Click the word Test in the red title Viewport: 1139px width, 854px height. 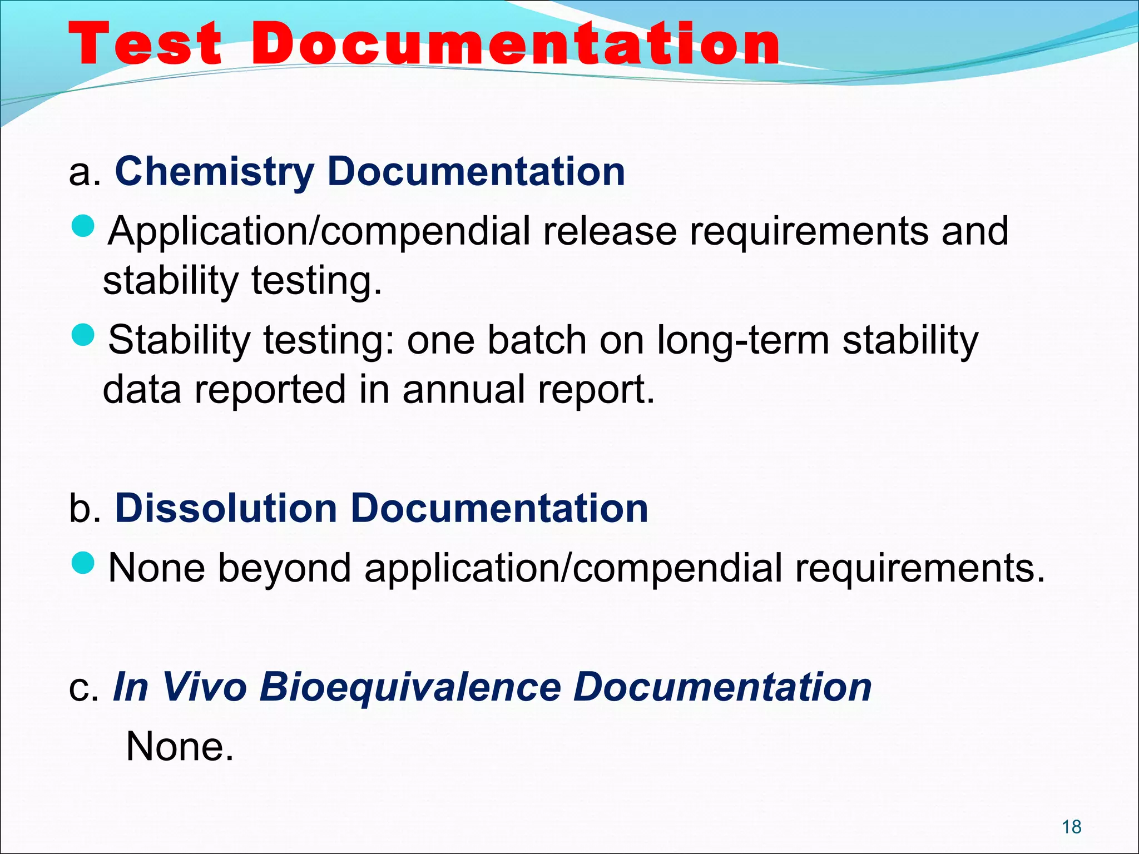[146, 44]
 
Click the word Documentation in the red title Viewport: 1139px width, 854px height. [516, 44]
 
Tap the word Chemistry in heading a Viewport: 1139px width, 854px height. [215, 172]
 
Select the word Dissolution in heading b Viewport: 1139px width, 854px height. [226, 508]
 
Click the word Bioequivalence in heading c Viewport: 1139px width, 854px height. [410, 687]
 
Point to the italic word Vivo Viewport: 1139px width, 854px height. [204, 687]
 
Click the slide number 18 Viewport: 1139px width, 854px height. [1071, 827]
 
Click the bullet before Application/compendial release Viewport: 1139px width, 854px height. [84, 226]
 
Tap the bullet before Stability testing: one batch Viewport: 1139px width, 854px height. [84, 335]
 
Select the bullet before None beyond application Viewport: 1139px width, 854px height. [84, 563]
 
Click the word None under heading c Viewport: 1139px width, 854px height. [180, 747]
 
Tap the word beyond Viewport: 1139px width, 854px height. [284, 568]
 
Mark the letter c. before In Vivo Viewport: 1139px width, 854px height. [83, 688]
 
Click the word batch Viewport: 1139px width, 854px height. [537, 340]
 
